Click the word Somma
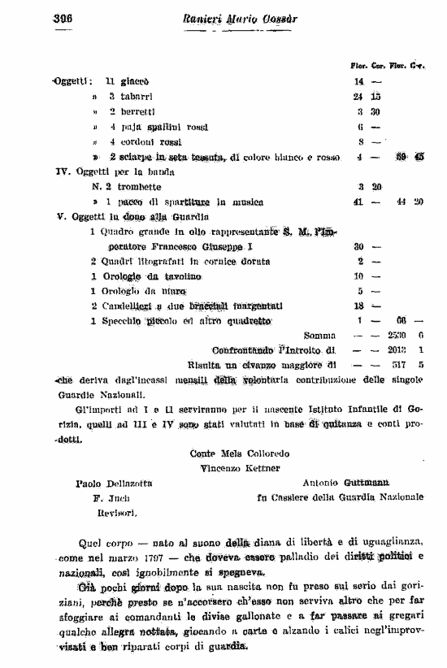tap(319, 335)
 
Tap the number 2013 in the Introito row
tap(399, 349)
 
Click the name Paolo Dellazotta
tap(111, 483)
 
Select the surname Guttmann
tap(378, 483)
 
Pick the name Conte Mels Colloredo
tap(238, 453)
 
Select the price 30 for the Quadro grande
tap(358, 246)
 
